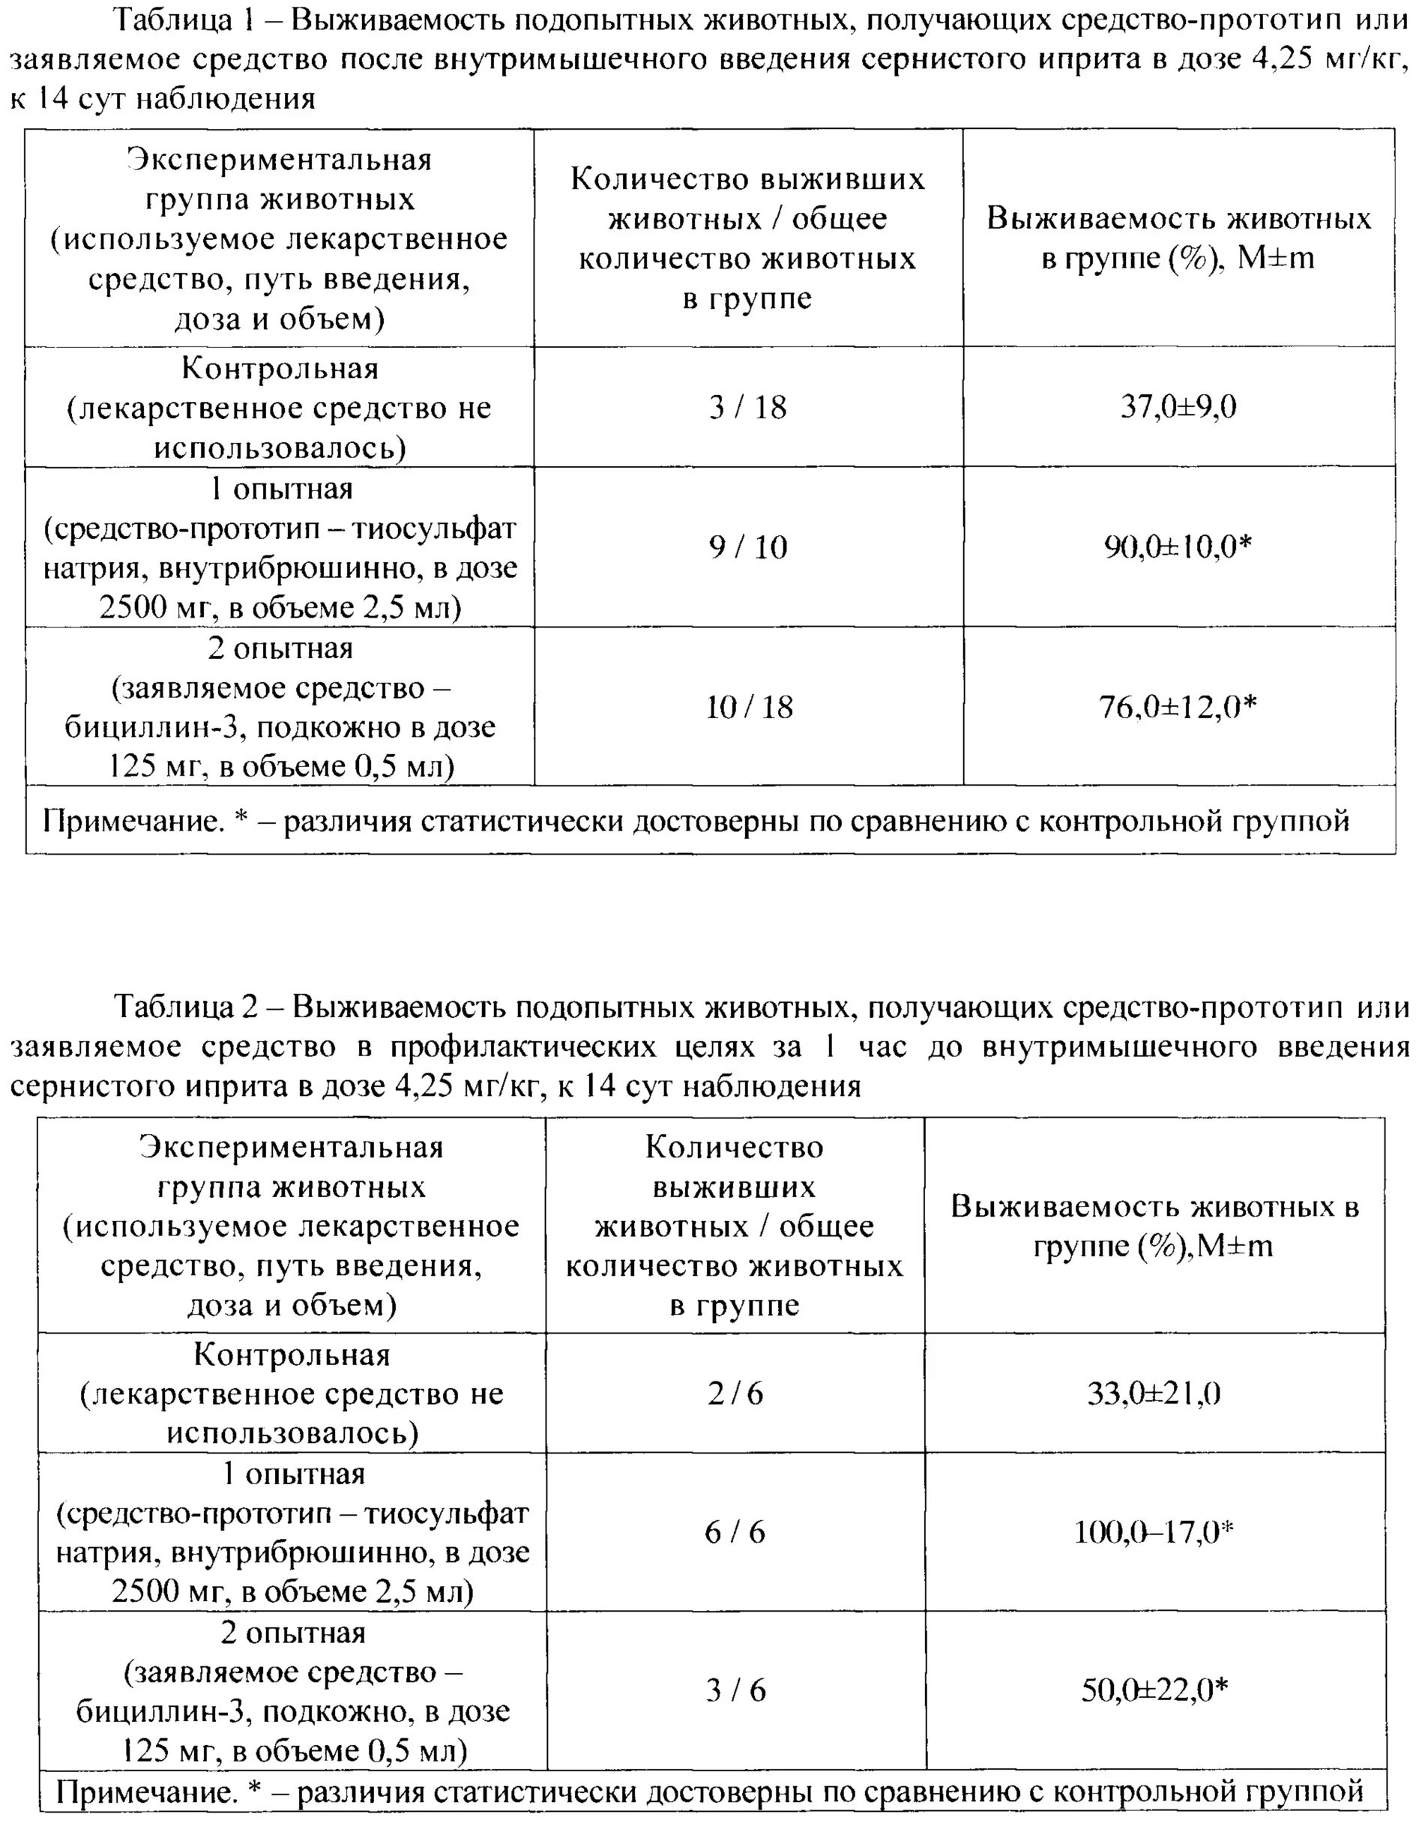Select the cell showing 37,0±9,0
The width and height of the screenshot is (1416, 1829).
(x=1178, y=408)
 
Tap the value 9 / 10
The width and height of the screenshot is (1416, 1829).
(x=748, y=547)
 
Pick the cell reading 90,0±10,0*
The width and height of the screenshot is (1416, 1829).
(x=1178, y=547)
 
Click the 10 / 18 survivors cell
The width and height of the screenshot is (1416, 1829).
(x=748, y=708)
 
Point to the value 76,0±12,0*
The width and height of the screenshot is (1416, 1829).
(x=1178, y=708)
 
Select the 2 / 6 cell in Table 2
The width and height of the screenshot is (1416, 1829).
(x=735, y=1393)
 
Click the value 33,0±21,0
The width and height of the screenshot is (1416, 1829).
(x=1153, y=1393)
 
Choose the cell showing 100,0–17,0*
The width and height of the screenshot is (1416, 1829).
(x=1153, y=1533)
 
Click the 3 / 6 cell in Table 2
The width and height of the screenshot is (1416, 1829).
(x=735, y=1690)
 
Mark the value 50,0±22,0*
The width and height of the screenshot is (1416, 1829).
(x=1153, y=1690)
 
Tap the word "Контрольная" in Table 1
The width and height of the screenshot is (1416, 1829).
(x=280, y=369)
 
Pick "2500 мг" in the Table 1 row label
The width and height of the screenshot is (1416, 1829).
(x=157, y=607)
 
